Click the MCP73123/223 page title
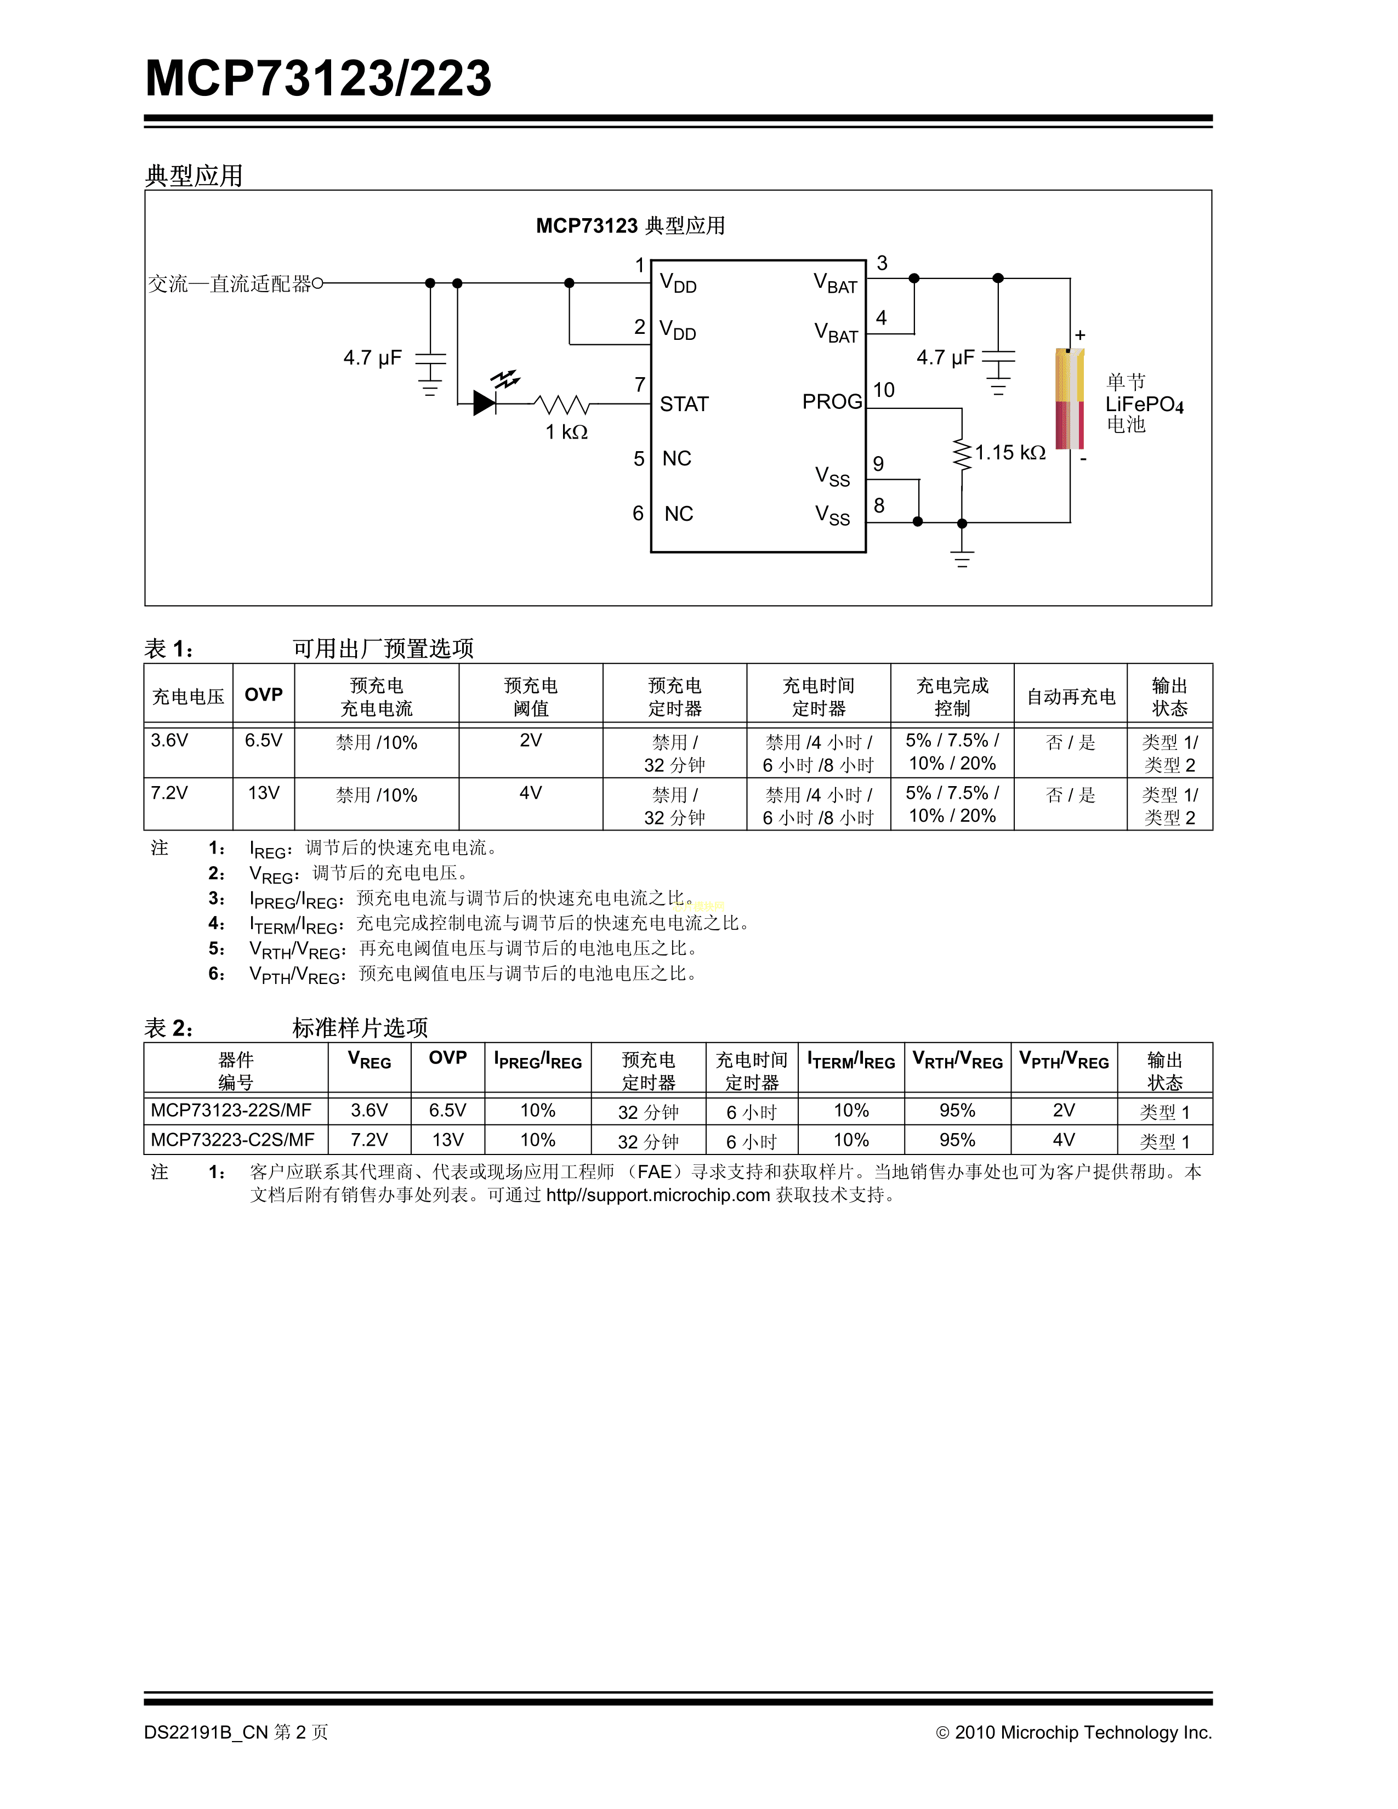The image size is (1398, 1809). (x=318, y=79)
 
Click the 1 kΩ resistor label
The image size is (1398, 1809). (x=566, y=433)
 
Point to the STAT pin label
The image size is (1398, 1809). (x=684, y=404)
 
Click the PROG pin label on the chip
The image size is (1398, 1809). (x=832, y=402)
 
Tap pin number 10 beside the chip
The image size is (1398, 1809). (x=884, y=390)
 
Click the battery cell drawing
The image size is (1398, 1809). (x=1069, y=399)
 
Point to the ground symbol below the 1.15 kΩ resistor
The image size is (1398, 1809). (x=962, y=559)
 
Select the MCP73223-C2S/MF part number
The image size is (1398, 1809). (x=232, y=1140)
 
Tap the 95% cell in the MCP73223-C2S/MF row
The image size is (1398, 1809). (x=957, y=1140)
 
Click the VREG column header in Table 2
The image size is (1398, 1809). (x=370, y=1060)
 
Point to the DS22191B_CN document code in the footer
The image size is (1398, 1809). (x=206, y=1732)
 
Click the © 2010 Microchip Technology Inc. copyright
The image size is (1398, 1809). (x=1073, y=1732)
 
